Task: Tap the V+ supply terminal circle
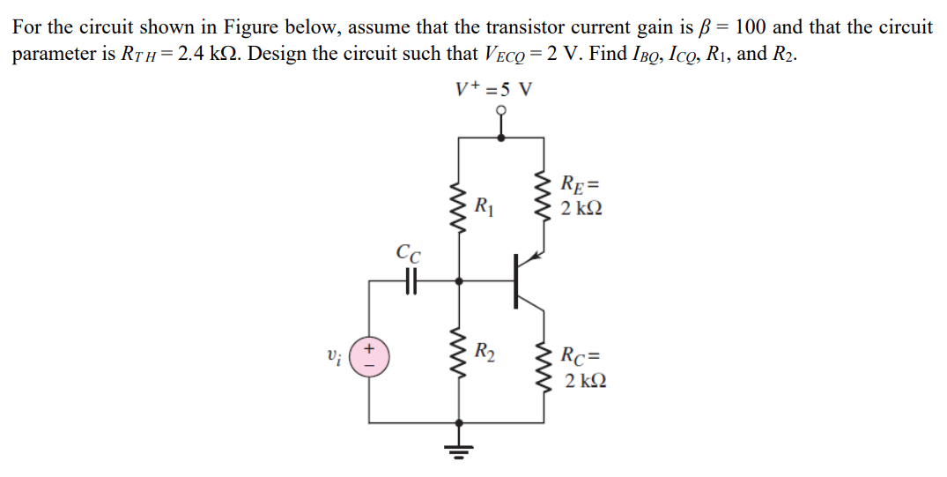click(x=501, y=112)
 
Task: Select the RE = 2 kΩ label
click(x=583, y=198)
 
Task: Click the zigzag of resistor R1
click(x=458, y=209)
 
